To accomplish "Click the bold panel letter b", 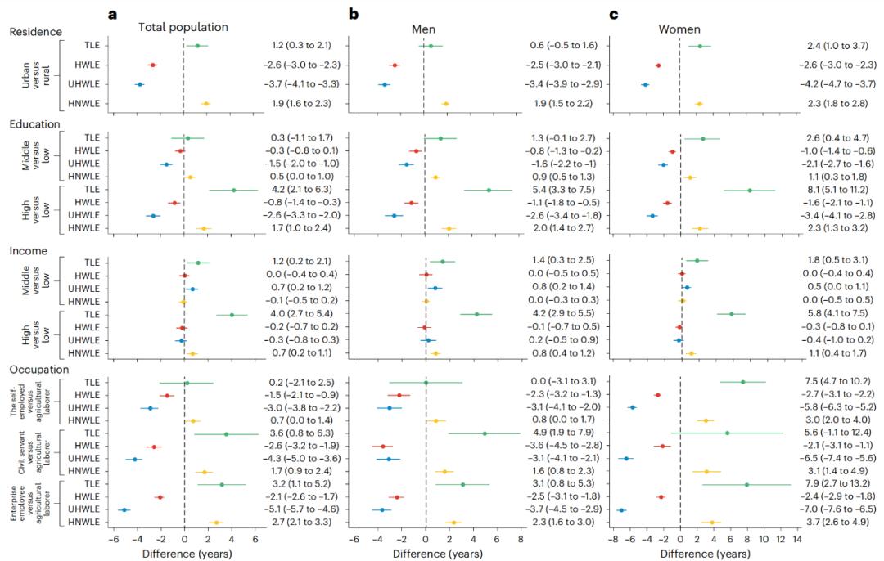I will (x=354, y=16).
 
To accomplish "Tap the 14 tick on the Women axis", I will (x=796, y=539).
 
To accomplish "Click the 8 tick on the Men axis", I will (x=520, y=539).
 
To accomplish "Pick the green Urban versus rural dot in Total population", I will (x=197, y=45).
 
